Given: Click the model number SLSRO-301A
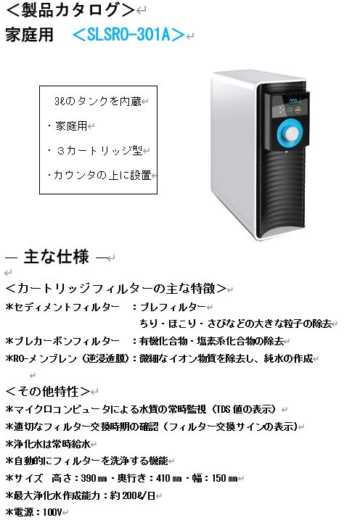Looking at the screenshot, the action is click(128, 34).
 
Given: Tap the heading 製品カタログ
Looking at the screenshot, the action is click(70, 10).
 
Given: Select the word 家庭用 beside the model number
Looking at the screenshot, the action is click(30, 35).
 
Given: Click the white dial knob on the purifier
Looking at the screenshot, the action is click(292, 133).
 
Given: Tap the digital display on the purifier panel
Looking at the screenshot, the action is click(294, 102).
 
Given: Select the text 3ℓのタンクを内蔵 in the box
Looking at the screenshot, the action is click(98, 102).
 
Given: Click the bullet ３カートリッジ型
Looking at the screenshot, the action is click(99, 151).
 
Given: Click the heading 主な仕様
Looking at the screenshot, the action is click(57, 257).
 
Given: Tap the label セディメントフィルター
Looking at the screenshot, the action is click(66, 307).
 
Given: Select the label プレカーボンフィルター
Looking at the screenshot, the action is click(66, 341).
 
